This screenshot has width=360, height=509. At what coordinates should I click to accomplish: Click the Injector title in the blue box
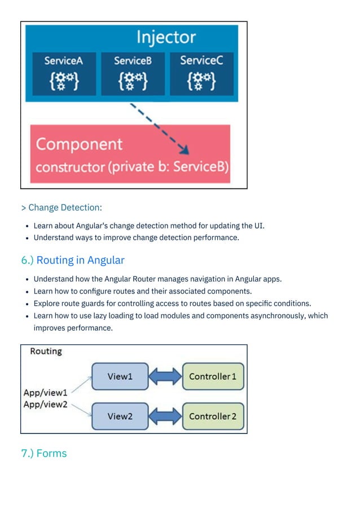166,38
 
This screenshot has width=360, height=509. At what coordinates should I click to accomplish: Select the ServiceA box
64,73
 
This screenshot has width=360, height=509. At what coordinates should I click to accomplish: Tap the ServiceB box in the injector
133,73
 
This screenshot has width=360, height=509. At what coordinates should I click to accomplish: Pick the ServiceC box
201,73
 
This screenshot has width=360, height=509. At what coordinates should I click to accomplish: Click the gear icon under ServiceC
201,81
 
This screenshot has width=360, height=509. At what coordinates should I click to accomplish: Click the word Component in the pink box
79,144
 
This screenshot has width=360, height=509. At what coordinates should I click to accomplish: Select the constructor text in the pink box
132,168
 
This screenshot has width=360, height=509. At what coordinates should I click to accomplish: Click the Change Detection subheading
62,208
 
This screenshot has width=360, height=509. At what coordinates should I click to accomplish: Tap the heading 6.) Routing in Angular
73,260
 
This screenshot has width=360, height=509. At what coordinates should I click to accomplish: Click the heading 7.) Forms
44,453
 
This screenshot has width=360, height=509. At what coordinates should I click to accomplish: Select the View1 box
119,376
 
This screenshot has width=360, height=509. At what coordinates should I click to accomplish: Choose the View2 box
119,416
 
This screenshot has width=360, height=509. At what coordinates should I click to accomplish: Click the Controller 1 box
213,376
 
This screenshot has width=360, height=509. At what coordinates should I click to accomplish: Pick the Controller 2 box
213,416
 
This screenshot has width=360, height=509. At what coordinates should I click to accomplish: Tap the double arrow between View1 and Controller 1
165,376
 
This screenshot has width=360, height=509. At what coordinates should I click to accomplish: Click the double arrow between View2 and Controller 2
165,416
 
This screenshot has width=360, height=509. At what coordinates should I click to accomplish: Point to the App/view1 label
45,392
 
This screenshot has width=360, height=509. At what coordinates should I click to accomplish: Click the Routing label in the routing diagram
46,351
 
